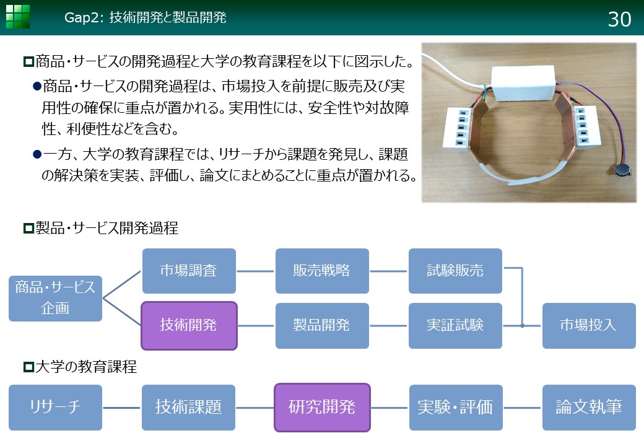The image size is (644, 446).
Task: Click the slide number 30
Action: coord(619,19)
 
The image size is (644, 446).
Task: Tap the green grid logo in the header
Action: coord(18,17)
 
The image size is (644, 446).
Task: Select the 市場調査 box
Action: coord(189,271)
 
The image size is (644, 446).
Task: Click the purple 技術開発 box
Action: coord(189,326)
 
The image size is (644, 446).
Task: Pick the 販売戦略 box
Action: coord(322,271)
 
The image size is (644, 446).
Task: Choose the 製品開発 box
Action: coord(322,326)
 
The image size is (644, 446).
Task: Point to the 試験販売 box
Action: coord(455,271)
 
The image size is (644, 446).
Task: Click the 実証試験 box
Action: coord(455,326)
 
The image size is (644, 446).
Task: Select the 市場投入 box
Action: coord(589,326)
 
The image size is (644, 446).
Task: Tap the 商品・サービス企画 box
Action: coord(56,298)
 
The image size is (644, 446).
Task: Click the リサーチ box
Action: coord(56,408)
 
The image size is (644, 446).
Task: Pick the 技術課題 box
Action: coord(188,408)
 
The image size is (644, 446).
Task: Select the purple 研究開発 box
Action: coord(322,408)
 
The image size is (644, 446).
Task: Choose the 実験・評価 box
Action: coord(456,408)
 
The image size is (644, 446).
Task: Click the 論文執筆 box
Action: coord(589,408)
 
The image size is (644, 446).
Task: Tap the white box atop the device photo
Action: coord(523,84)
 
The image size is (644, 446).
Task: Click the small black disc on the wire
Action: coord(620,168)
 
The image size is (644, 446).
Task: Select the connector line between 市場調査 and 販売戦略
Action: coord(256,271)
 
